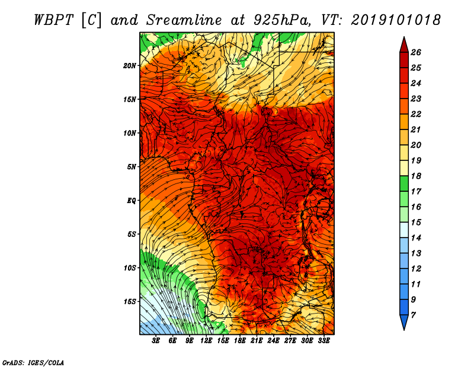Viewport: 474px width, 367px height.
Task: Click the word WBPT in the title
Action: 53,20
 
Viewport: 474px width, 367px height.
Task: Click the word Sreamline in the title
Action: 184,20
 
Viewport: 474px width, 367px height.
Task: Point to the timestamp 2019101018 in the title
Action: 396,20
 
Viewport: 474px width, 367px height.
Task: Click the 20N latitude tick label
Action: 130,66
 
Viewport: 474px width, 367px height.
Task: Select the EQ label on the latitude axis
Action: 132,201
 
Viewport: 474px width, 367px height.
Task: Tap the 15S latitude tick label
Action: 130,302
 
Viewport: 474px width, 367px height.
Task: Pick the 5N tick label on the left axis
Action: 132,167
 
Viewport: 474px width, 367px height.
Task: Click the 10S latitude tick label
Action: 130,268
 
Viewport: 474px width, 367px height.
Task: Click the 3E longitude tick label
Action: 156,341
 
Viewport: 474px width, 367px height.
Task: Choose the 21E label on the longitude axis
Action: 257,341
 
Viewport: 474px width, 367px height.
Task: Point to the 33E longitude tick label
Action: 324,341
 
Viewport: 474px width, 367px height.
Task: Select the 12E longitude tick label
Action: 206,341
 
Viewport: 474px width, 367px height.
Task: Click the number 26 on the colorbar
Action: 416,52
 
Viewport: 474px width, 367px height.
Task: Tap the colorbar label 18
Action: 416,176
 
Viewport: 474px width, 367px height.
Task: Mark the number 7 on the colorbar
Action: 413,315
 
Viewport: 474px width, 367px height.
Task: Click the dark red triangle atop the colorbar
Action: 404,46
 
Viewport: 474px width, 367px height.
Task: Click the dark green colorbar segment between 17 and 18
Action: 404,183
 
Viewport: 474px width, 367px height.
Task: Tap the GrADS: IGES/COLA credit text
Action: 33,363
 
